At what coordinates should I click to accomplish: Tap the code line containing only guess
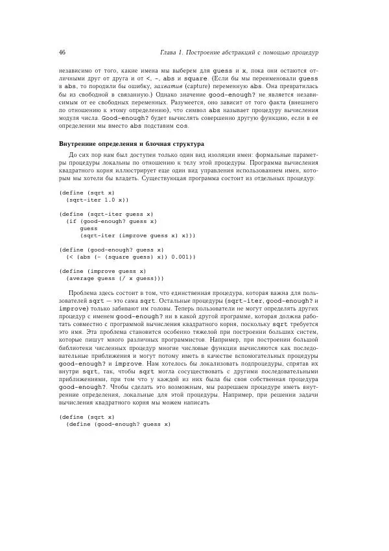point(89,228)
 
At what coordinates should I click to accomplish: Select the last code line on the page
point(117,424)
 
